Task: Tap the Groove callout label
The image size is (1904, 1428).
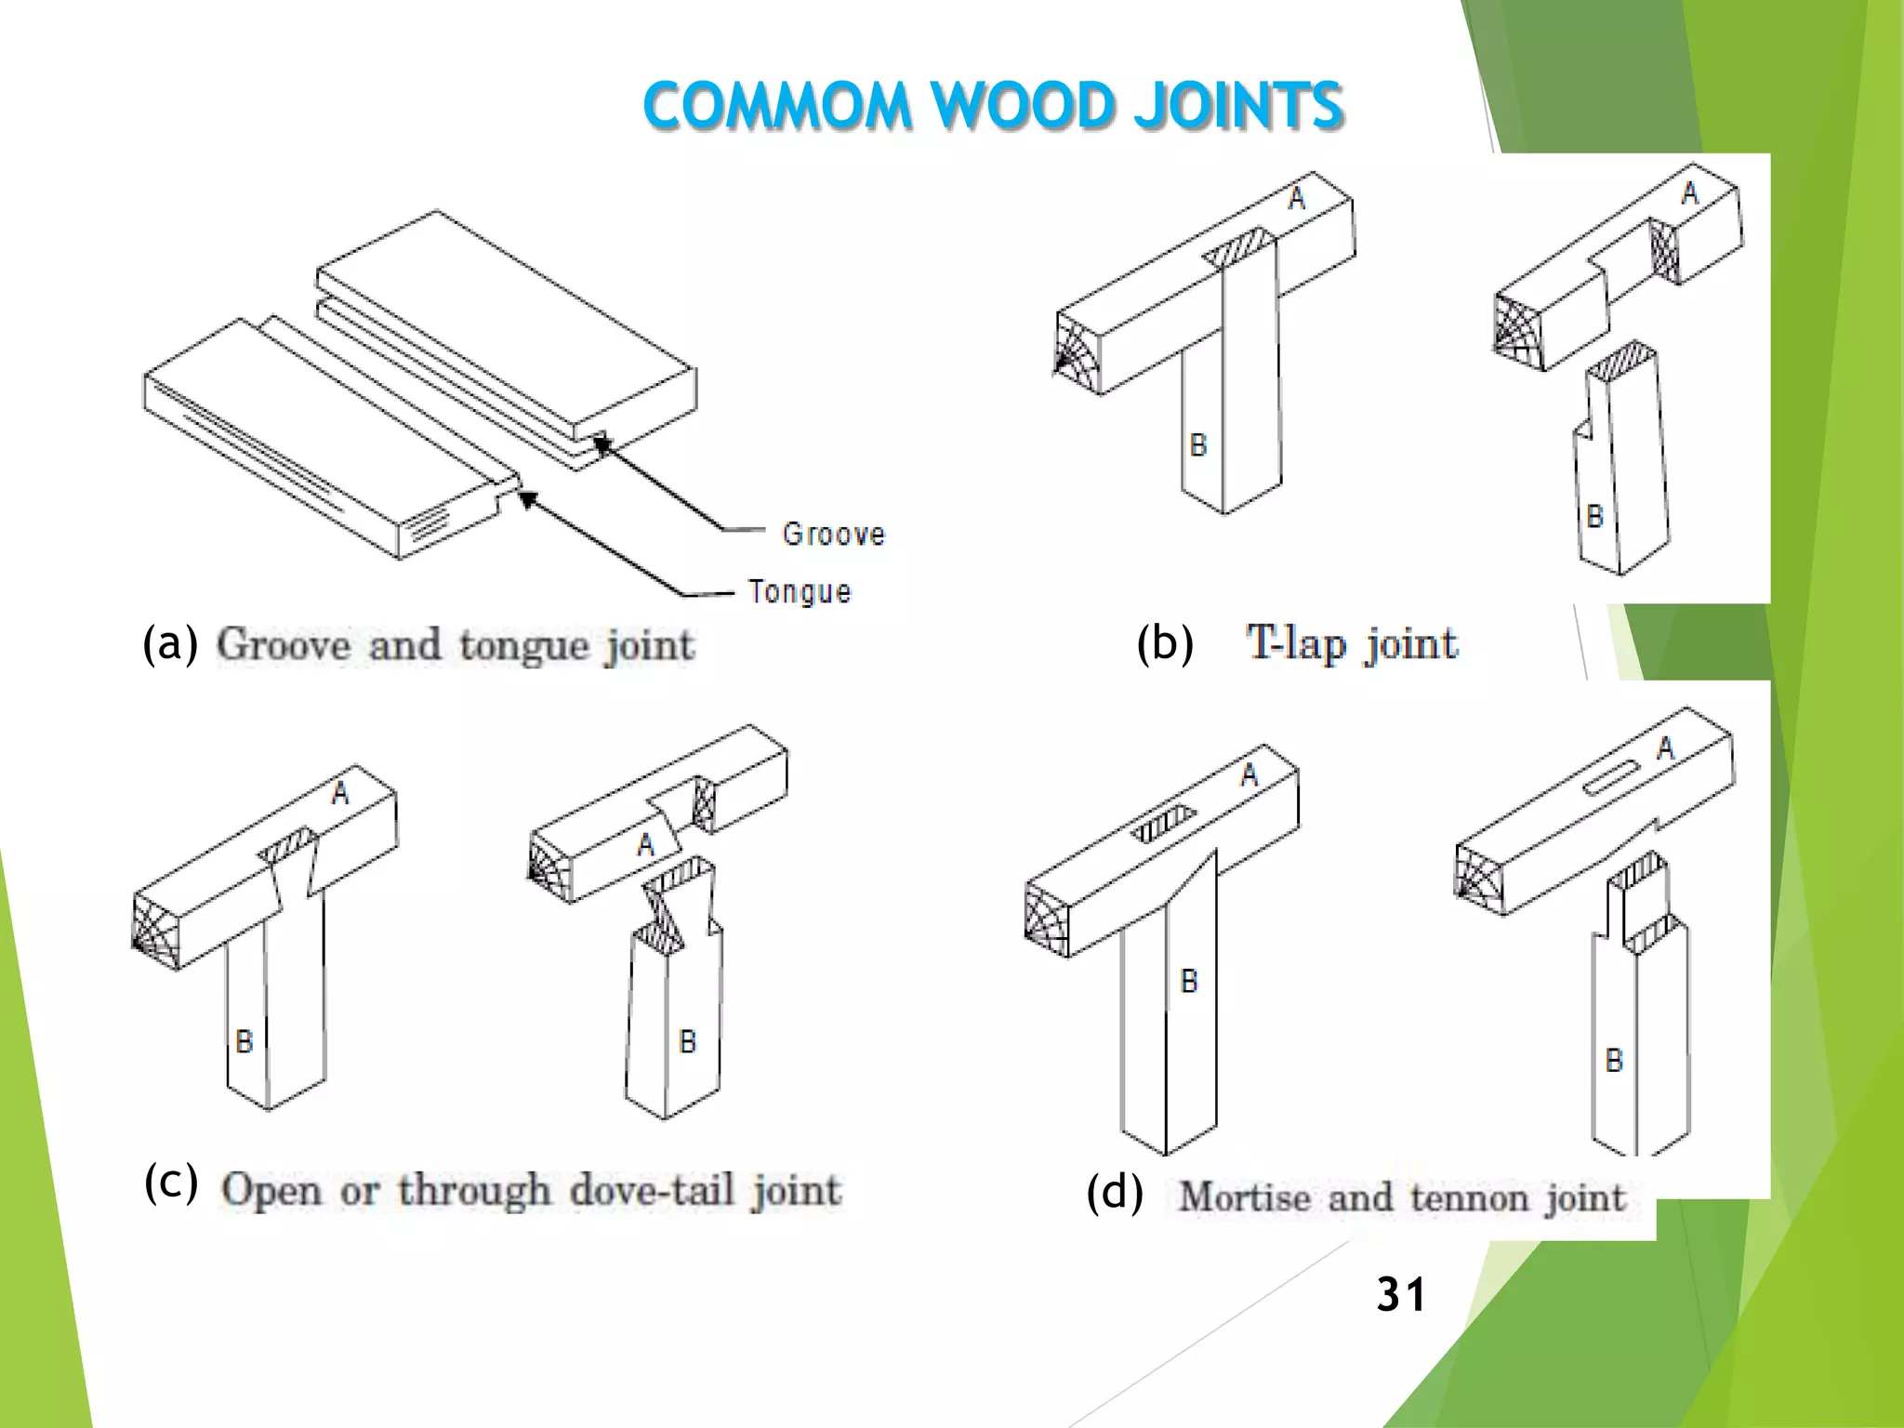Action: click(834, 535)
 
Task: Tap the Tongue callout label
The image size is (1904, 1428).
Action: click(800, 592)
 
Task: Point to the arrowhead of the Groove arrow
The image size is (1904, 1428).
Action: click(602, 444)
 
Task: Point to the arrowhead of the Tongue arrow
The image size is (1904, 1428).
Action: click(527, 500)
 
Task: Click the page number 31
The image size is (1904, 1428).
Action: click(1400, 1294)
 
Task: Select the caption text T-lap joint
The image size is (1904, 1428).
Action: click(1352, 643)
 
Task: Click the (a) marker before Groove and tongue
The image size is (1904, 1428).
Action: click(170, 643)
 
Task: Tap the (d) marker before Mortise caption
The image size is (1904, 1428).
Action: click(1115, 1194)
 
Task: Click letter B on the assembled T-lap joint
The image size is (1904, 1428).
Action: click(1198, 445)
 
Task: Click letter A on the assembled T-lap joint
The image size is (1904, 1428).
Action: click(1297, 198)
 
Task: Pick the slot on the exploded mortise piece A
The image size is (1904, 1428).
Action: click(1611, 777)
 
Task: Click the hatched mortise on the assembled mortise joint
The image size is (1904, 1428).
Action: click(1162, 824)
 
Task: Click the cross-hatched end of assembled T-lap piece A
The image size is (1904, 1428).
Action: click(1078, 353)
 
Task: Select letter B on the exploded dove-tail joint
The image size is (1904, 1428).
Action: click(688, 1041)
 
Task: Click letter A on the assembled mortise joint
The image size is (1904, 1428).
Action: click(1249, 775)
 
